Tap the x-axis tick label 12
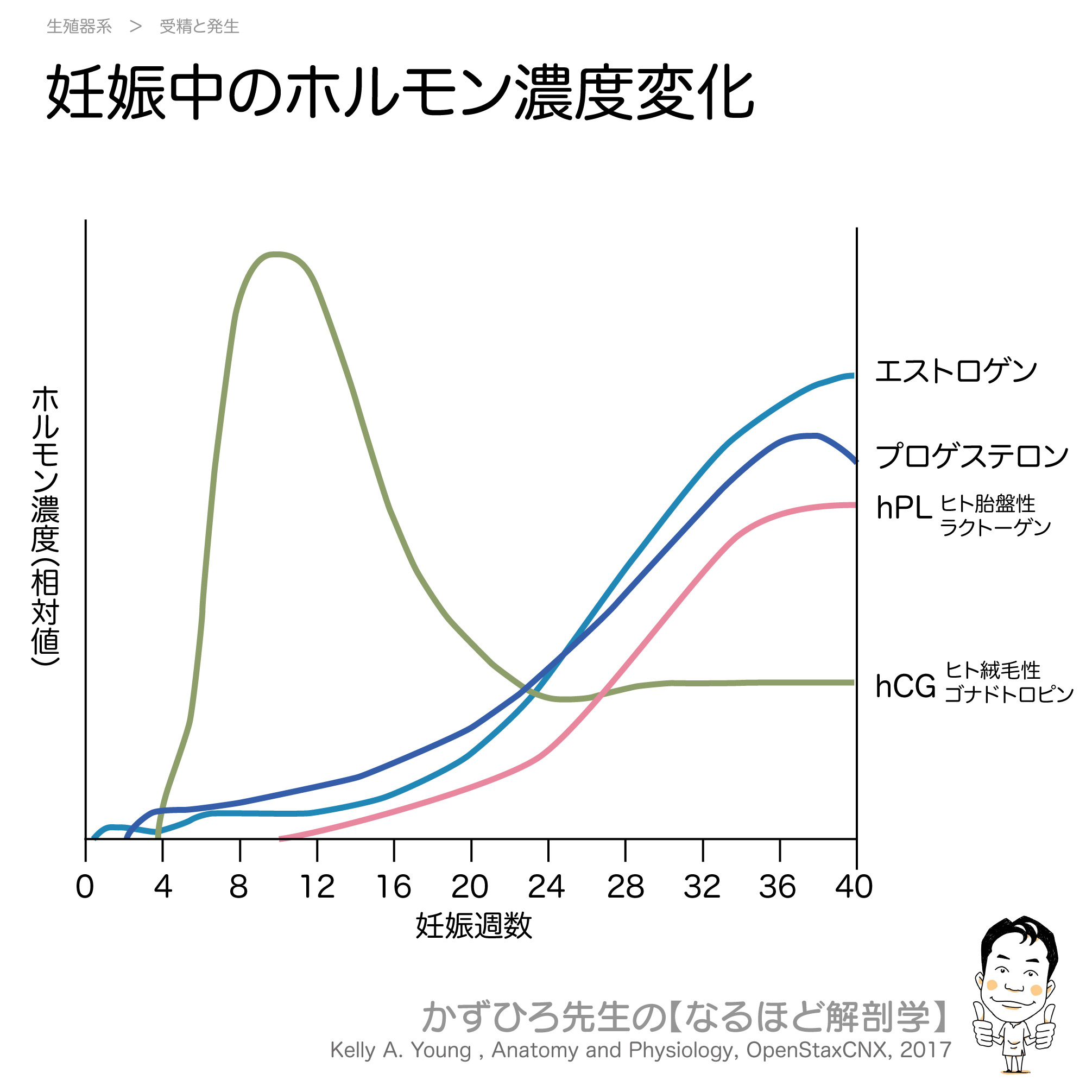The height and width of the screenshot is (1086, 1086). [x=317, y=888]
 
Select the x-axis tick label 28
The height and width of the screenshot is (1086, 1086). [x=625, y=888]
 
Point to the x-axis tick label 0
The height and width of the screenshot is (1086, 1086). [x=85, y=888]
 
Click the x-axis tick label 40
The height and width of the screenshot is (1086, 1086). [x=854, y=888]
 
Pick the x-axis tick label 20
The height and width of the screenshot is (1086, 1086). [x=470, y=888]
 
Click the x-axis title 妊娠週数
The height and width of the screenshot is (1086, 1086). [x=473, y=926]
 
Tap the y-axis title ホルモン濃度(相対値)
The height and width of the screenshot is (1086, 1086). [x=45, y=526]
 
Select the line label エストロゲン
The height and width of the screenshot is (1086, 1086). [x=956, y=371]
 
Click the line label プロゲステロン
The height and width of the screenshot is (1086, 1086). [x=971, y=456]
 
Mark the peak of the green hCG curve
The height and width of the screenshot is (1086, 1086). [x=275, y=255]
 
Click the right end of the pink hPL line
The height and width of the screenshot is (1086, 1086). [x=853, y=506]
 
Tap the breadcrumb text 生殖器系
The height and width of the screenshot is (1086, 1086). [x=79, y=27]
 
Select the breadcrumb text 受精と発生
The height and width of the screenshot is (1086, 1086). [x=199, y=27]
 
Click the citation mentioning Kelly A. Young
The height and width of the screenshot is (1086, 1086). [x=640, y=1050]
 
